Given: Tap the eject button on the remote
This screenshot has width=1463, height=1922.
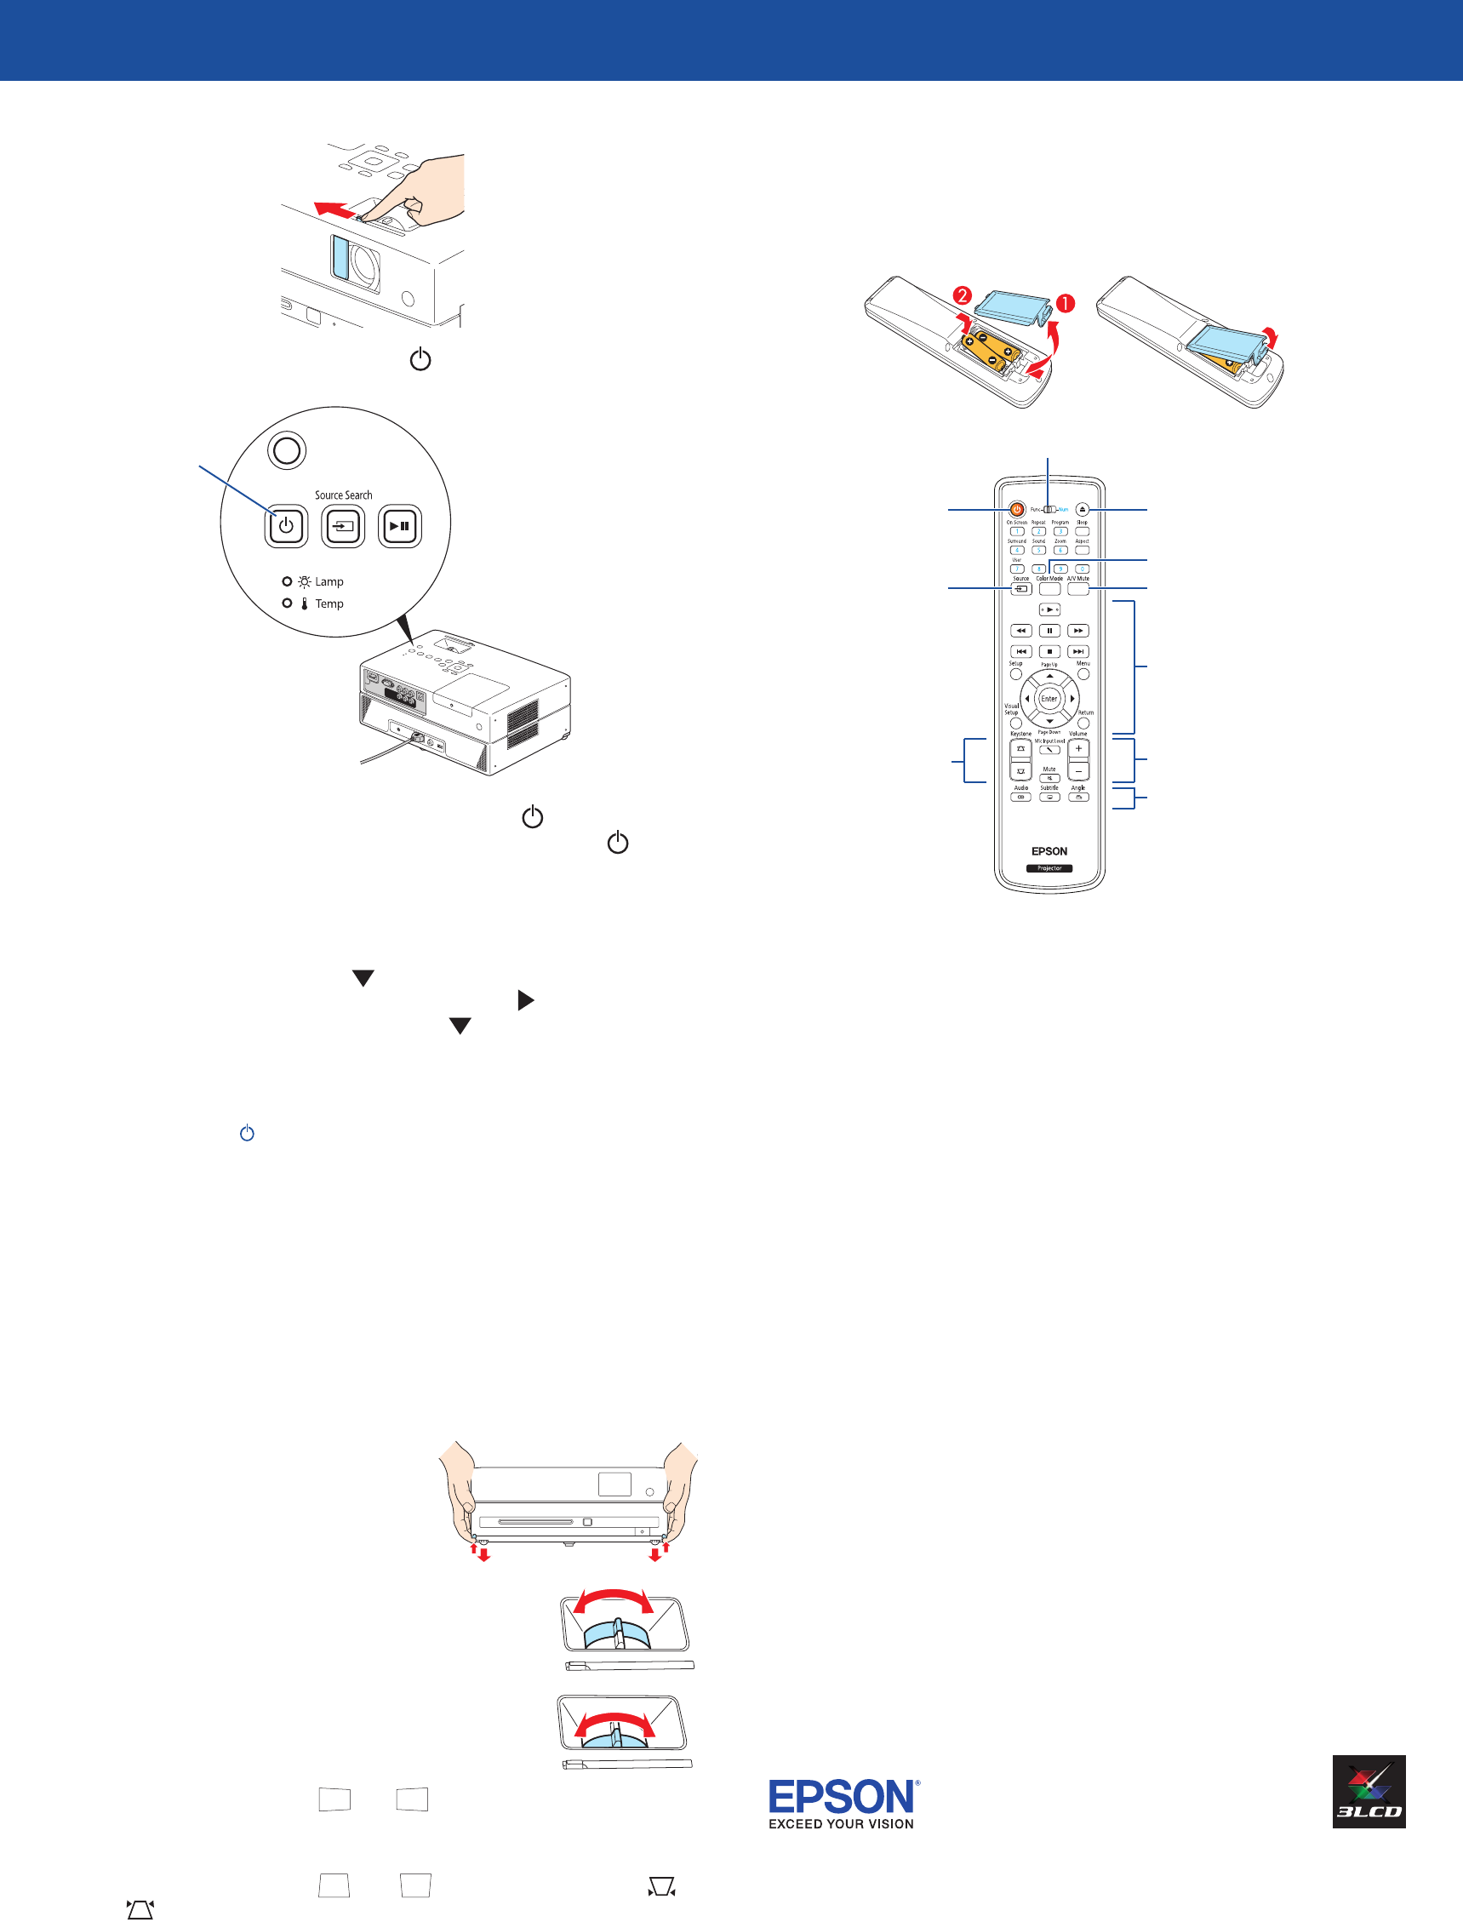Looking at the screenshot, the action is coord(1082,510).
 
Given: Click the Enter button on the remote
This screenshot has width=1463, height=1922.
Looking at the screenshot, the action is coord(1049,699).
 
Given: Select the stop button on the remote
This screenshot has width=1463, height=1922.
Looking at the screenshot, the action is coord(1049,651).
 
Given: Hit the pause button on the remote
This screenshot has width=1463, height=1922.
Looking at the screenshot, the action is coord(1049,631).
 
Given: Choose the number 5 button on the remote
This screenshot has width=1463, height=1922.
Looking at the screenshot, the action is coord(1038,551).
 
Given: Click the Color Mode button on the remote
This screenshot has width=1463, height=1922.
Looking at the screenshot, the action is coord(1049,590).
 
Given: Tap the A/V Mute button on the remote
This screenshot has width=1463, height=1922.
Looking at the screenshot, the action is coord(1078,590).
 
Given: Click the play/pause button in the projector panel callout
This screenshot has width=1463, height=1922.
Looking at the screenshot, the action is coord(400,526).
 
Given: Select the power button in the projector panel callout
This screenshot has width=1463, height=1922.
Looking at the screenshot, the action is coord(286,526).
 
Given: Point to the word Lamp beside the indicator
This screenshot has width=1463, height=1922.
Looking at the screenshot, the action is coord(329,581).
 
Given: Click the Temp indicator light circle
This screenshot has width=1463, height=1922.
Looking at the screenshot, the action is coord(287,603).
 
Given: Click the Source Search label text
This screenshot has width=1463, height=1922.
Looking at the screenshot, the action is coord(343,495).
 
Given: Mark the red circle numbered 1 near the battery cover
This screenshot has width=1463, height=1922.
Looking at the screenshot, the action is coord(1065,303).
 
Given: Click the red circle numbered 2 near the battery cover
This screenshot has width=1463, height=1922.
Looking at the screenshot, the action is coord(963,295).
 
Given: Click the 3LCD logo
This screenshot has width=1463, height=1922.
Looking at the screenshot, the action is coord(1369,1792).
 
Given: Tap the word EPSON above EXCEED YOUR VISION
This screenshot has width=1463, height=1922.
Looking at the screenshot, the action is coord(841,1798).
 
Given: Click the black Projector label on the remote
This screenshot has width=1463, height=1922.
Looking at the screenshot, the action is coord(1049,868).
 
